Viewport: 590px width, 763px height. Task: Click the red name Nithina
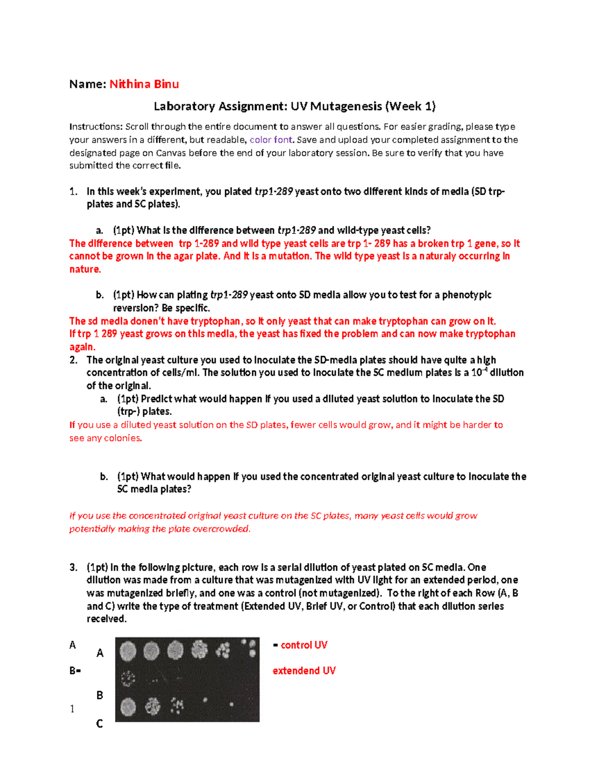point(130,84)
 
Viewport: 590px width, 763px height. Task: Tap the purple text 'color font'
point(271,140)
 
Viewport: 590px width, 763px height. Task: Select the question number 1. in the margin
point(74,192)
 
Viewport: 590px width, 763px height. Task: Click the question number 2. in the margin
point(74,360)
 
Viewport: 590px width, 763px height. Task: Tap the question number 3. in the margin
point(74,567)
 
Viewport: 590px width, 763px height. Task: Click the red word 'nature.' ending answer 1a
point(85,269)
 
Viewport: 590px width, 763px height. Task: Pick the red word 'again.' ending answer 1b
point(82,347)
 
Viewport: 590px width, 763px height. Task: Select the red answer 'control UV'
point(303,645)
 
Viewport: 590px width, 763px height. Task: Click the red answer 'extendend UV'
point(304,671)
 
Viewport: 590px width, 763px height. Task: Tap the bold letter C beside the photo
point(99,724)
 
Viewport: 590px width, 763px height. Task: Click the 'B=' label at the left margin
point(75,671)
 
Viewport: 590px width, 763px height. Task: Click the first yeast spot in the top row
point(128,651)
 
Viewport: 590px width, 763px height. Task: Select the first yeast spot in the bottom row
point(128,707)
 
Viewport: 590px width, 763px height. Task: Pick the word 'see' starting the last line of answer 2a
point(77,438)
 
